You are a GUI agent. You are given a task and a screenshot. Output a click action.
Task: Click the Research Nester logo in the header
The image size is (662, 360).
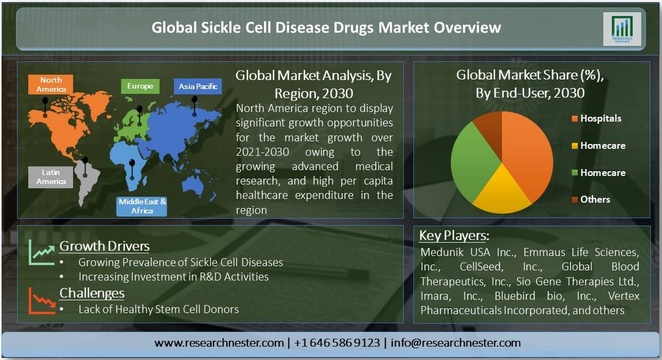pos(622,29)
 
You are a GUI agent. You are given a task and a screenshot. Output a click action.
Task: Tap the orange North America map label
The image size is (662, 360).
pos(51,84)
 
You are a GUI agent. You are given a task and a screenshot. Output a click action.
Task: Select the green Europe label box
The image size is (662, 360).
pos(140,86)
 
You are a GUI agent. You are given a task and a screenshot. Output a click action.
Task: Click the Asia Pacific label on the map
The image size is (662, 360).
pos(198,86)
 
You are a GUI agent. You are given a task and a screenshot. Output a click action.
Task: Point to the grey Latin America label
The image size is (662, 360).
pos(51,177)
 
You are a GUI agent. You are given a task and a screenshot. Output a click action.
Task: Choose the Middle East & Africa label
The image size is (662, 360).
pos(141,206)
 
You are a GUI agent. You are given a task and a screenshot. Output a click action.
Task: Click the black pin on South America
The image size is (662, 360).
pos(85,167)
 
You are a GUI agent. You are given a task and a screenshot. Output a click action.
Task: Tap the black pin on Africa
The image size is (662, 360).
pos(132,170)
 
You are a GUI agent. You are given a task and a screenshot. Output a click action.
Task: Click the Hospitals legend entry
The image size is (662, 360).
pos(597,118)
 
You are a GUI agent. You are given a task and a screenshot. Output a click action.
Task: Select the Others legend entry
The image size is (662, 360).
pos(591,199)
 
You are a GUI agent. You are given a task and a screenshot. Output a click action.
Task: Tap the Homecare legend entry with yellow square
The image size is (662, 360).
pos(599,146)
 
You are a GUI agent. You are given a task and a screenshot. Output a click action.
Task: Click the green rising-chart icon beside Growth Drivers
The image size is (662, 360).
pos(42,252)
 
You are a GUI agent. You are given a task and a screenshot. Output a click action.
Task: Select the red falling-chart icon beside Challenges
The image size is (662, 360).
pos(42,301)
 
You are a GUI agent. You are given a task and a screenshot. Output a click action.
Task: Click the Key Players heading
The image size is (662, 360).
pos(454,236)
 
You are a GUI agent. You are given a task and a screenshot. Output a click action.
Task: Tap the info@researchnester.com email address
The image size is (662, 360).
pos(456,343)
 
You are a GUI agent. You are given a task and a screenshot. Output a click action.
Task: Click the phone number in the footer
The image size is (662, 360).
pos(337,343)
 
